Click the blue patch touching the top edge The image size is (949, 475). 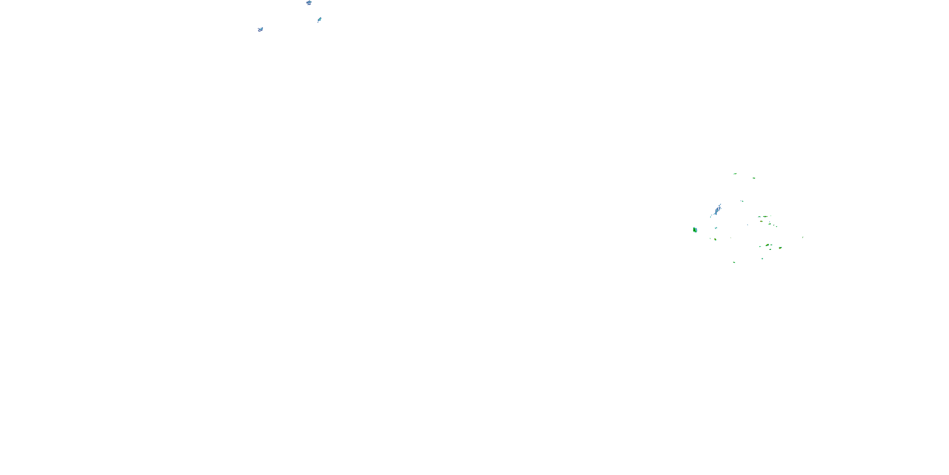pos(309,3)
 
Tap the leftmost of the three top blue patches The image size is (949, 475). pos(260,29)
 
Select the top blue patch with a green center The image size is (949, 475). pos(319,20)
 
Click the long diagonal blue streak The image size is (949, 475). pos(716,211)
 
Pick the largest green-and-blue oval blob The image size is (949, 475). pos(695,230)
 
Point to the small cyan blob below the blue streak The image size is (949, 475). pos(716,228)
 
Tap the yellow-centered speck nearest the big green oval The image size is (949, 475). pos(715,239)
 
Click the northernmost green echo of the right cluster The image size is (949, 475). pos(735,174)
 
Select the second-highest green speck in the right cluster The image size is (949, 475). pos(754,178)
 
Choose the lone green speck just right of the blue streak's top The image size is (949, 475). pos(741,201)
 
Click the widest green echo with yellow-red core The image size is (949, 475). pos(765,217)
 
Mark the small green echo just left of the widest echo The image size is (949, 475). pos(759,217)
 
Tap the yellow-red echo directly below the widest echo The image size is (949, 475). pos(761,221)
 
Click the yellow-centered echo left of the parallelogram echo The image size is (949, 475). pos(767,245)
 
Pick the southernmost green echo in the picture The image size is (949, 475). pos(734,262)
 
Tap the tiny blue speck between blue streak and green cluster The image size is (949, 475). pos(747,225)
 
